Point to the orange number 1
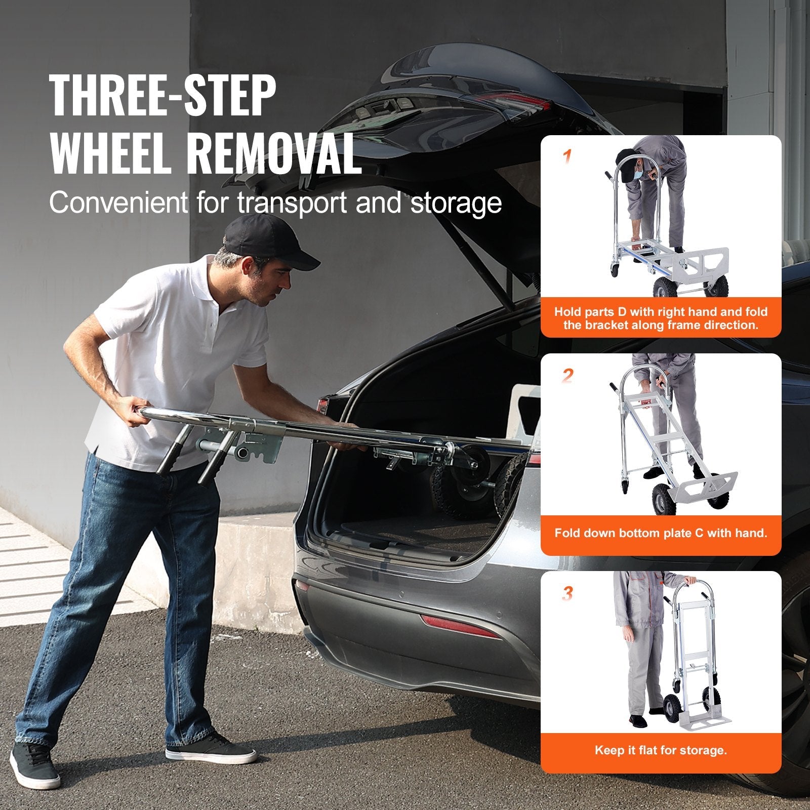tap(568, 156)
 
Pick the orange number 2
tap(568, 376)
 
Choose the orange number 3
tap(568, 593)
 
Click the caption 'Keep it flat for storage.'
tap(661, 750)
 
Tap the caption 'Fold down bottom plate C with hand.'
tap(661, 533)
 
